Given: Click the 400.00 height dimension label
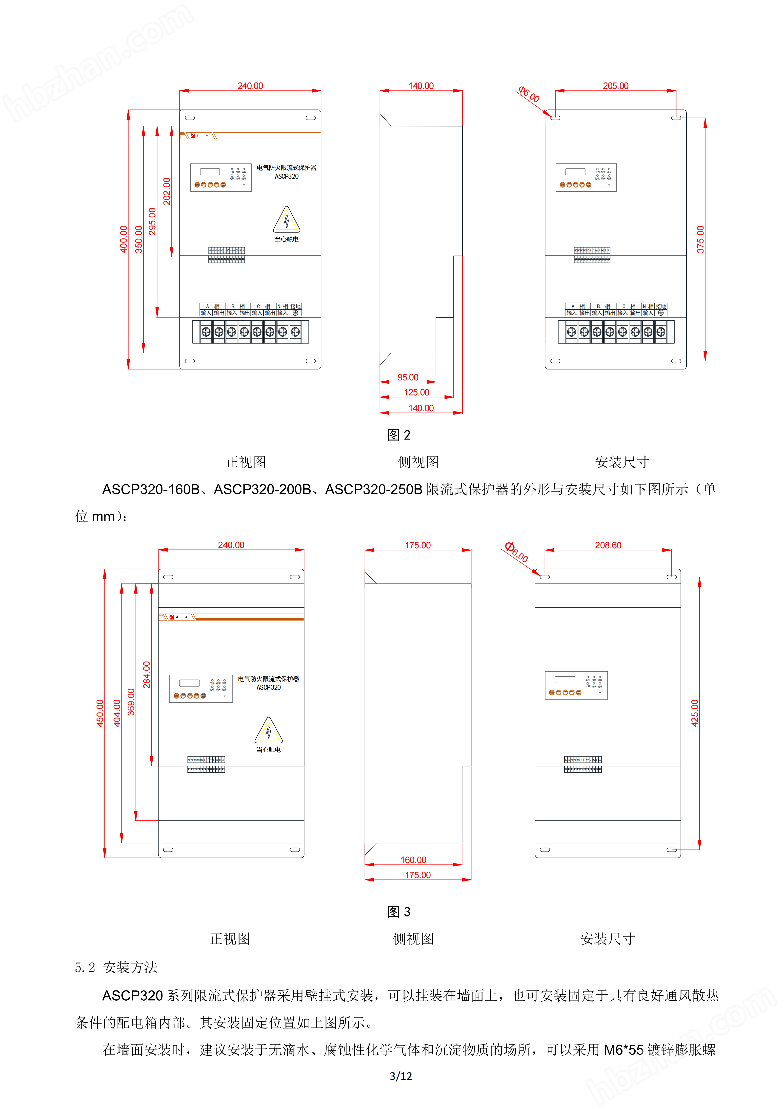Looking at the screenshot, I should (x=123, y=239).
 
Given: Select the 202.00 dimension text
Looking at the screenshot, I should (x=166, y=191).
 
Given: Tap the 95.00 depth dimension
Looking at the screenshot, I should (x=408, y=377).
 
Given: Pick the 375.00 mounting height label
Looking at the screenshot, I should (x=700, y=239).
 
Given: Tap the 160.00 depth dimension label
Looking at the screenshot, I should (x=413, y=860).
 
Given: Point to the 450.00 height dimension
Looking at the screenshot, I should (x=100, y=713).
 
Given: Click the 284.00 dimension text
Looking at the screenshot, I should (x=146, y=675).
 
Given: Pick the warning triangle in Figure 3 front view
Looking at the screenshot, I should (x=268, y=731).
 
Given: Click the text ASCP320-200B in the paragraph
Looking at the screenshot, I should (x=262, y=489).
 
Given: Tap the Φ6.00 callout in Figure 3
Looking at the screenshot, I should (x=517, y=552).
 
